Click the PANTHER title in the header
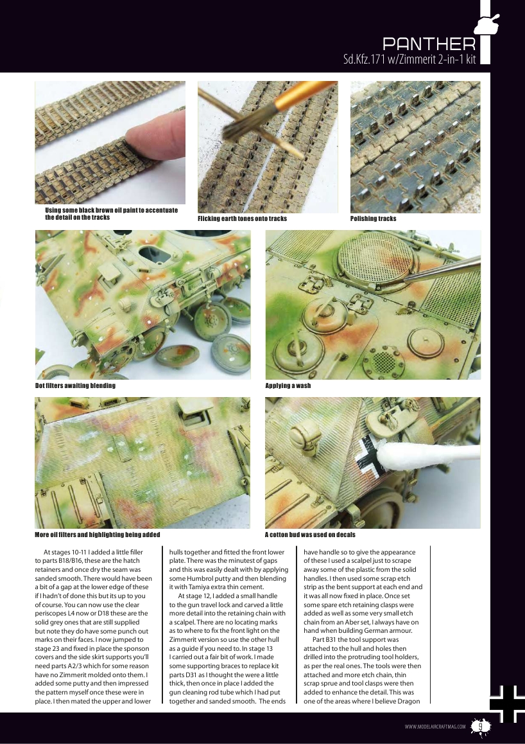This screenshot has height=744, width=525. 429,44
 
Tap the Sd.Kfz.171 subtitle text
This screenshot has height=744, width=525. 409,59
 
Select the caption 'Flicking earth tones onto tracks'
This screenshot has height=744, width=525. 242,219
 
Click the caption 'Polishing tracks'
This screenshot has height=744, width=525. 373,219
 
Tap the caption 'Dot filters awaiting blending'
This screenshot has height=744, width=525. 75,385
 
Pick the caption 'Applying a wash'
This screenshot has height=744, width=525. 288,385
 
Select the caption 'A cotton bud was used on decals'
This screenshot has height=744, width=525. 310,535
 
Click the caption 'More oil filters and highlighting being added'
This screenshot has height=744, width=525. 97,535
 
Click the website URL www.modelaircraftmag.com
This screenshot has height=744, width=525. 435,727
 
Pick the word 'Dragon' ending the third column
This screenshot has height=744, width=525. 406,701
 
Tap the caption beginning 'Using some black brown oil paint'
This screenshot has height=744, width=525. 111,214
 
